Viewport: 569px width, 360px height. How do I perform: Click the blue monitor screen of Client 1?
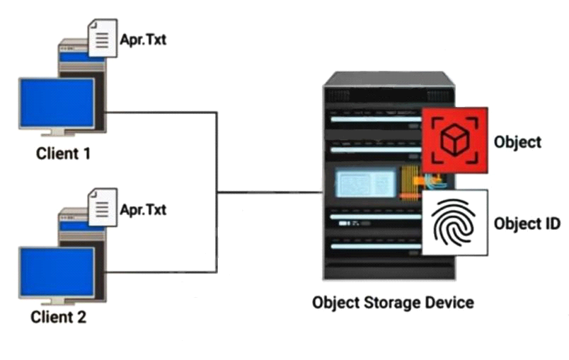(57, 103)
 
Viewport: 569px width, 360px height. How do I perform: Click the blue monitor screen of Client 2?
(57, 272)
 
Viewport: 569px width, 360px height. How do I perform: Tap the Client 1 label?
(63, 153)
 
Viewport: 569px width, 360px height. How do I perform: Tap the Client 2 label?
(59, 317)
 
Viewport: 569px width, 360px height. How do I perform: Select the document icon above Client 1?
(103, 38)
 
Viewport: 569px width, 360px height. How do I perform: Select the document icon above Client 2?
(103, 207)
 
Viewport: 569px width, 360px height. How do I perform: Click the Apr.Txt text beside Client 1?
(144, 40)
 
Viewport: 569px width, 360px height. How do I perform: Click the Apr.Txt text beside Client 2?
(144, 209)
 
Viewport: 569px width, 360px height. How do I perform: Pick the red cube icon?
(454, 140)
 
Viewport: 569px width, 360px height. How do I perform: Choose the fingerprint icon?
(454, 223)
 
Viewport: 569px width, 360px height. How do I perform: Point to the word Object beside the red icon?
(517, 142)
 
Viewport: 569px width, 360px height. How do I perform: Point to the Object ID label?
(527, 223)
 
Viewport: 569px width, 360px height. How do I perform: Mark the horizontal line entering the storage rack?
(270, 192)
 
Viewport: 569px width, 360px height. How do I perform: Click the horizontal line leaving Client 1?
(161, 112)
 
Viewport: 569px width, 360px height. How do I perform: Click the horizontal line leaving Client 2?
(161, 272)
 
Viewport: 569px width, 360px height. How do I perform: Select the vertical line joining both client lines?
(217, 192)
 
